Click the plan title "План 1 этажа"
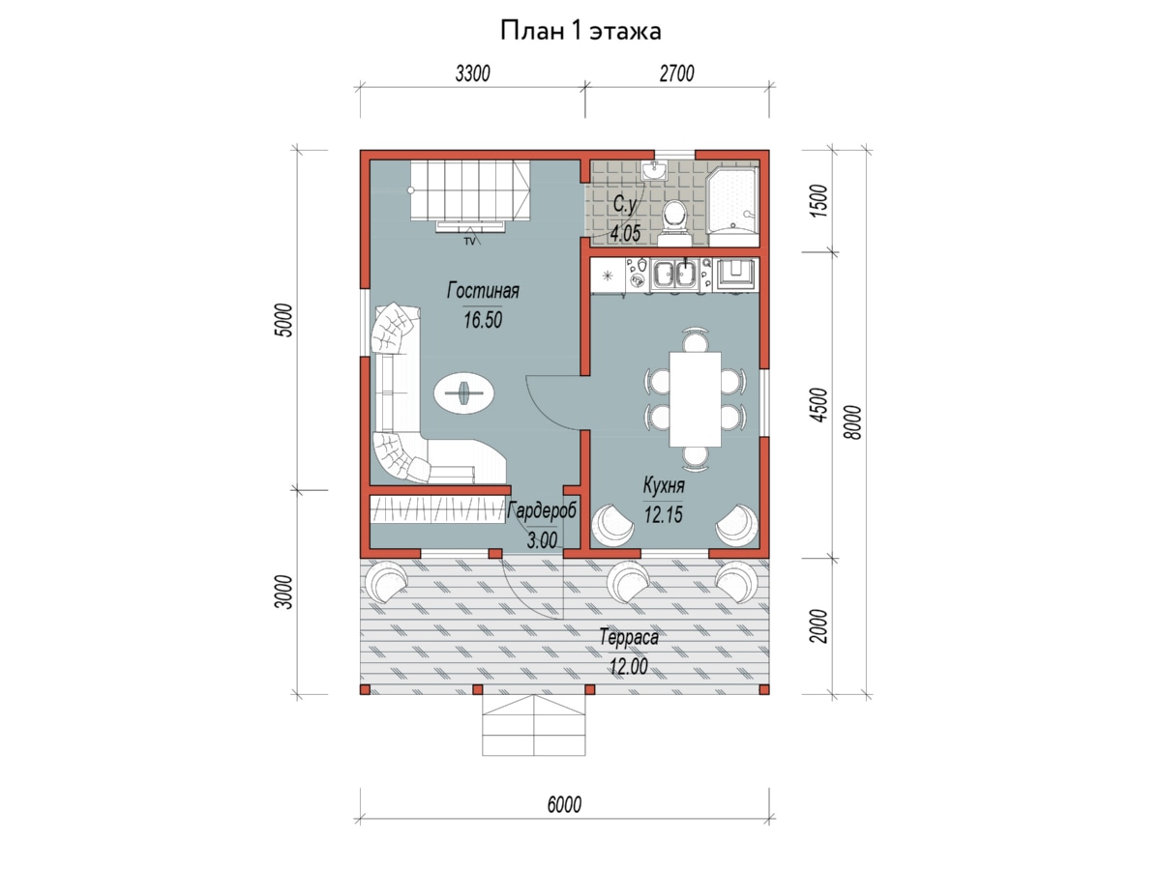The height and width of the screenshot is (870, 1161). [580, 31]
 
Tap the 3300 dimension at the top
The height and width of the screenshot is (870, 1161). [472, 73]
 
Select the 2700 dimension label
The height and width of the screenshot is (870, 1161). [676, 73]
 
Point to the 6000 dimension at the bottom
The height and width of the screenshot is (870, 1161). [564, 804]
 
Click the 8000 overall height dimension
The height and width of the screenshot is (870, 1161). [852, 422]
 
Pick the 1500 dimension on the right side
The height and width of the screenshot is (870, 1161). [818, 201]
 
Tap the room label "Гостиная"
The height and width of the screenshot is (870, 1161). [483, 291]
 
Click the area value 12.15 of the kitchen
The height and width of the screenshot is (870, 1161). [664, 514]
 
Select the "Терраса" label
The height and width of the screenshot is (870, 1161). [629, 637]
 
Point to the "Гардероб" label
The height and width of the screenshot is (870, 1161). [542, 510]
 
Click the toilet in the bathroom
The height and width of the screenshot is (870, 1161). [674, 223]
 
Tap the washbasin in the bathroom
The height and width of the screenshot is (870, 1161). [655, 171]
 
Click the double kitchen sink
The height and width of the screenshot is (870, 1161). [674, 275]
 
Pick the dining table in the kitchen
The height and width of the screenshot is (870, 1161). [695, 399]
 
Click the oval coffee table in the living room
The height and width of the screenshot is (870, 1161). [465, 393]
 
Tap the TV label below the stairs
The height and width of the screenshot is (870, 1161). [468, 242]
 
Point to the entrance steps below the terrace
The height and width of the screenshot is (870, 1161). [534, 725]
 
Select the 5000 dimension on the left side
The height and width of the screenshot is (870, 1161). [284, 320]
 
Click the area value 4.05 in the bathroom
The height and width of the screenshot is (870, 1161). [625, 232]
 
